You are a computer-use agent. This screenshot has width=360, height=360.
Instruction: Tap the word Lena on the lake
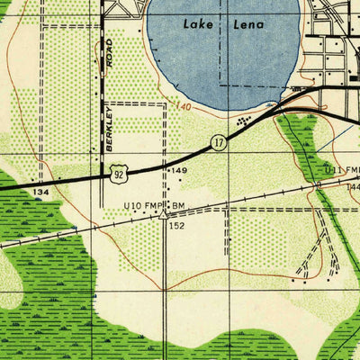click(x=247, y=24)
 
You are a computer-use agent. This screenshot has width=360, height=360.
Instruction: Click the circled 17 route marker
click(x=219, y=142)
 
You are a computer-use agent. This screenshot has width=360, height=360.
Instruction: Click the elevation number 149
click(x=179, y=170)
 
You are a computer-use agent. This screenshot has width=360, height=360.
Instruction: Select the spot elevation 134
click(x=40, y=192)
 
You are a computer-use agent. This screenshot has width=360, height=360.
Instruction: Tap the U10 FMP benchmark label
click(x=145, y=206)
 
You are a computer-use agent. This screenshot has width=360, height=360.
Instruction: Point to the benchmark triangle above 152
click(x=163, y=215)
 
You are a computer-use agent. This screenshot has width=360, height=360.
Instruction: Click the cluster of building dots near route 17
click(x=241, y=118)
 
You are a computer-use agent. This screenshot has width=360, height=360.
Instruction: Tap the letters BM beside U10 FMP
click(x=178, y=206)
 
